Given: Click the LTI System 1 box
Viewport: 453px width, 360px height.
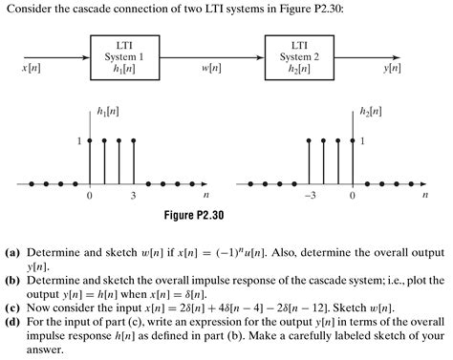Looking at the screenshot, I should point(123,56).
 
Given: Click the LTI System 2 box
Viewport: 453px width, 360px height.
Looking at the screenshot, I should point(298,56).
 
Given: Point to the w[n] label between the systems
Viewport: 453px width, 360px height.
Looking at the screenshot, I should point(211,70).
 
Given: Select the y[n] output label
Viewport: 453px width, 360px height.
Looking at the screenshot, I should point(392,70).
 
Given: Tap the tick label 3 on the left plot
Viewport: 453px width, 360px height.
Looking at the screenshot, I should point(134,196).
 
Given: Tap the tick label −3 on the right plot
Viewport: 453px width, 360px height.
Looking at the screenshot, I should point(310,196).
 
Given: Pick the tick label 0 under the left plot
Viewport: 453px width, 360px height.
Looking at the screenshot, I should point(90,196).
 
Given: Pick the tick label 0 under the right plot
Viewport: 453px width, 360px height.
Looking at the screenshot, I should point(352,196).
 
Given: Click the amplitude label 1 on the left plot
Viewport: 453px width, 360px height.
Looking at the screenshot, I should point(80,141).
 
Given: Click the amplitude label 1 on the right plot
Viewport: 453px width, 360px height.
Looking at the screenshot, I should point(362,141).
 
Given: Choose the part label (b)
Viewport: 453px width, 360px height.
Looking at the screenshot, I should point(13,282).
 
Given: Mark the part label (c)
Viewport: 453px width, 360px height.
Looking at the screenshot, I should point(13,310).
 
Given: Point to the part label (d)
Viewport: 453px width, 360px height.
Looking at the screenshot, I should point(13,325).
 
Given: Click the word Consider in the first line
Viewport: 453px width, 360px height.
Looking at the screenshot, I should point(26,10).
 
